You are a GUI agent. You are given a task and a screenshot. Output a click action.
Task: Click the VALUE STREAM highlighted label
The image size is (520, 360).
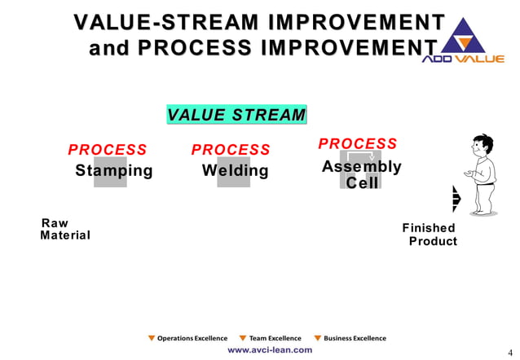coord(236,115)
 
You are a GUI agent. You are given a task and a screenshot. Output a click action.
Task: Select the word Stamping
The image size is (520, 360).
coord(113,171)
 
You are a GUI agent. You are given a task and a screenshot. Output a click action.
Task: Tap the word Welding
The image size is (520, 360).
coord(235,171)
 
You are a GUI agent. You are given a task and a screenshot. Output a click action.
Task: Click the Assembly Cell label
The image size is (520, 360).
coord(361,174)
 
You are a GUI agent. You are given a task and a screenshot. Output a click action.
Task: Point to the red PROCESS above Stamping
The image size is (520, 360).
coord(108,150)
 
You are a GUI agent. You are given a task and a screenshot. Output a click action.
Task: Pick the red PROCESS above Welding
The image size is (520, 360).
coord(231,150)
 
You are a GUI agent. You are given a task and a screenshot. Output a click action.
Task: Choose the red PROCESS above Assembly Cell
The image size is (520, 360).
coord(357,144)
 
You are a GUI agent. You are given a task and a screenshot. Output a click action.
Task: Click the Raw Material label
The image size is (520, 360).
coord(64,230)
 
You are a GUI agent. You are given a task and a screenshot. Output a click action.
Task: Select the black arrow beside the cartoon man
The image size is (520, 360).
coord(456,199)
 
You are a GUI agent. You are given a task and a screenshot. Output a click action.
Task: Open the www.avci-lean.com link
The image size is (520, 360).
coord(269,349)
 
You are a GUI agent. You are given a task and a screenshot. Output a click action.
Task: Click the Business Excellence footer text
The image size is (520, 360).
coord(355,338)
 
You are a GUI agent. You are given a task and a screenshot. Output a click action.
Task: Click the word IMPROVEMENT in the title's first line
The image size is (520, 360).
coord(358,22)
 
